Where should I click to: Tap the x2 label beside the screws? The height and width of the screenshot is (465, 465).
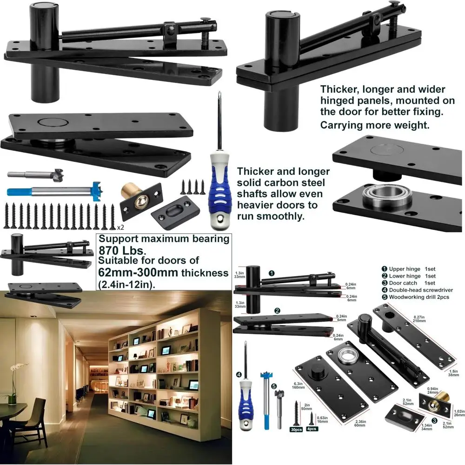(x=121, y=227)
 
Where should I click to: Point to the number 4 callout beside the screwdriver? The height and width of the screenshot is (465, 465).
(x=239, y=374)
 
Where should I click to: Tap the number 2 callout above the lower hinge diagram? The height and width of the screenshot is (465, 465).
(x=277, y=311)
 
